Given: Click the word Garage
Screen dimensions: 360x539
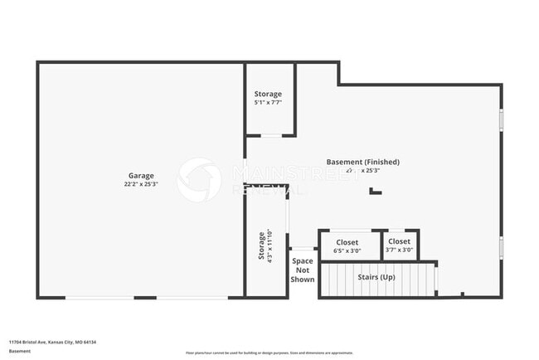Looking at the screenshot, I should point(141,175).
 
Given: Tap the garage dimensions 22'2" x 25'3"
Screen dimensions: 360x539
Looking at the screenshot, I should point(141,183).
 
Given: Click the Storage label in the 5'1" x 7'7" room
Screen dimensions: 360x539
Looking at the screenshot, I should point(268,94).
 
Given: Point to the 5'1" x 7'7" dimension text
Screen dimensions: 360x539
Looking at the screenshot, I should point(268,103).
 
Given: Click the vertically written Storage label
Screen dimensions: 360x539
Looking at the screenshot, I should point(262,246).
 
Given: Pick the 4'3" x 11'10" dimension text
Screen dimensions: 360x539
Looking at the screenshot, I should point(270,246).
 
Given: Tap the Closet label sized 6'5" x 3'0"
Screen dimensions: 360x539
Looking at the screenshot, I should point(347,242).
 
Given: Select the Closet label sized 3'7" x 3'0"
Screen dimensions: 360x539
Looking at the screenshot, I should point(399,241).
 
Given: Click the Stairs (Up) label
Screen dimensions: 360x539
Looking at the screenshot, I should point(376,276).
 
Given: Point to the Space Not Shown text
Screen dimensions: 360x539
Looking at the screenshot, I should point(303,270).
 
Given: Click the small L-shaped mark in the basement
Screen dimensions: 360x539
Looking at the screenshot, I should point(376,191).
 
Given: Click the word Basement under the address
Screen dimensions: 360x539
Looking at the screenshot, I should point(20,351).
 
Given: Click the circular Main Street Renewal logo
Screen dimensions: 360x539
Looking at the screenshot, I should point(199,179).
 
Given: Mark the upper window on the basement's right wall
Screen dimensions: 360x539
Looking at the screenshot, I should point(501,119).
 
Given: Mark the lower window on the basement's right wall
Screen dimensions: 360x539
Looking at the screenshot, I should point(501,248).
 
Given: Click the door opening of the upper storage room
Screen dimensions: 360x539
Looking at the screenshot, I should point(271,135).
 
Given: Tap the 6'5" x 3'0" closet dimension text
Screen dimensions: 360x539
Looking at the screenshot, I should point(347,251).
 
